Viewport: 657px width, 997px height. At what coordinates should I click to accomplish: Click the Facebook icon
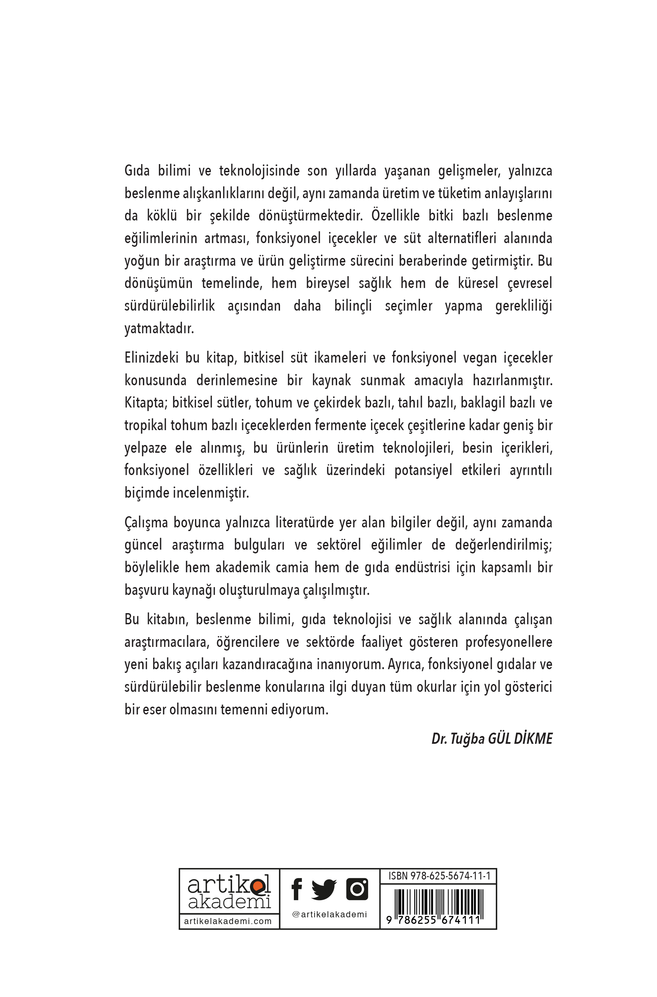(x=297, y=889)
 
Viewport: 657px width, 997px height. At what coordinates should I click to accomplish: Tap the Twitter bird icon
(x=324, y=889)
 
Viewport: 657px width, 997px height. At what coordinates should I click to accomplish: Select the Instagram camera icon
(x=357, y=889)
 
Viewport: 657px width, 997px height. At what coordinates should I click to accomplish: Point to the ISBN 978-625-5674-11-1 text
(x=439, y=876)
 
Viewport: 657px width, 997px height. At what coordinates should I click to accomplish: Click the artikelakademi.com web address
(x=228, y=921)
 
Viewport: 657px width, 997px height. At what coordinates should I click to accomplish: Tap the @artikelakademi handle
(x=329, y=915)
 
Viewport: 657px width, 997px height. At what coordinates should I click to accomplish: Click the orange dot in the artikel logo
(x=257, y=886)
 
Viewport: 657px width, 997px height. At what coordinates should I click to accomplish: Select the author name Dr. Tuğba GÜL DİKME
(x=492, y=738)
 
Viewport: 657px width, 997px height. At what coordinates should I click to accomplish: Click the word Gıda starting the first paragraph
(x=137, y=170)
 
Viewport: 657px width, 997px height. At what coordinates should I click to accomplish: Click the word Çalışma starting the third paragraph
(x=146, y=522)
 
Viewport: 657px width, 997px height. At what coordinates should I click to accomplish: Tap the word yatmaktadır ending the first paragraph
(x=159, y=328)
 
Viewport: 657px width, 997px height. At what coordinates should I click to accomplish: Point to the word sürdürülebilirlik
(x=170, y=306)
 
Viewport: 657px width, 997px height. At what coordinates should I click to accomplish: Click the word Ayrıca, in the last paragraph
(x=406, y=664)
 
